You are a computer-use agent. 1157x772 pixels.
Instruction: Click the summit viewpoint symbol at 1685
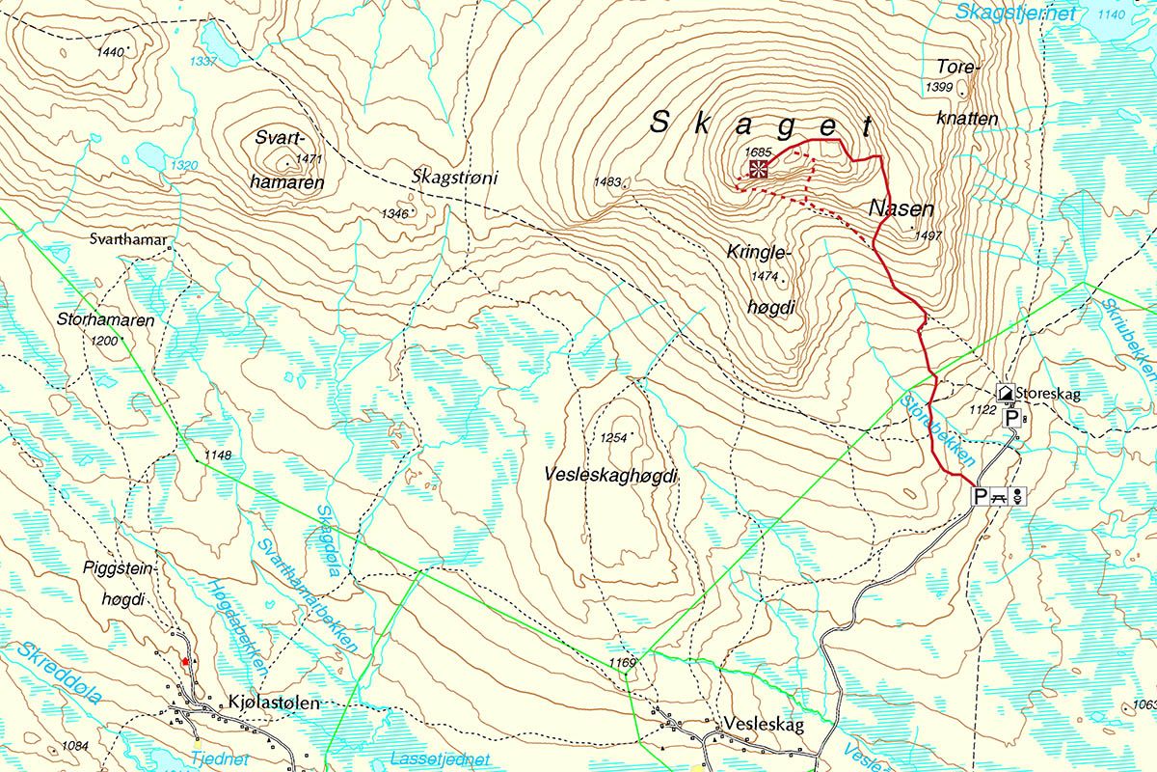[x=759, y=171]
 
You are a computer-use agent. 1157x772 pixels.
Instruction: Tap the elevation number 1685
[x=759, y=152]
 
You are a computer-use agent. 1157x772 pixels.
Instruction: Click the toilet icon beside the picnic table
[x=1019, y=496]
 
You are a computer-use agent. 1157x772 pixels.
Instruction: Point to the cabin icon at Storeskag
[x=1004, y=393]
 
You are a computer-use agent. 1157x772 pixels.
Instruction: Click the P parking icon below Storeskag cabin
[x=1010, y=419]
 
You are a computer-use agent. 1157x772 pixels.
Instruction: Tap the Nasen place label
[x=901, y=208]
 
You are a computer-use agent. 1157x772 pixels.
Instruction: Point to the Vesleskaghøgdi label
[x=611, y=476]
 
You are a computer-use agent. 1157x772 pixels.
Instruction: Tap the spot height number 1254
[x=613, y=438]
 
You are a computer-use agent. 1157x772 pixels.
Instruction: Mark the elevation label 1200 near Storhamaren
[x=104, y=342]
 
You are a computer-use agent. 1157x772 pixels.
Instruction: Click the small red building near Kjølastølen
[x=184, y=662]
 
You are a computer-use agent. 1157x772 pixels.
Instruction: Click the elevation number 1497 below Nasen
[x=927, y=235]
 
